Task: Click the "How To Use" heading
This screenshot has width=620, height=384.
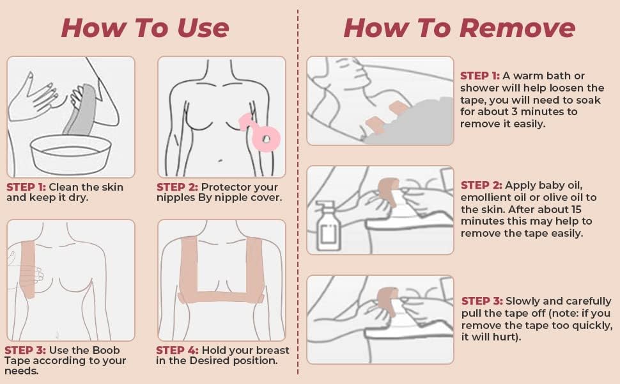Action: pos(145,29)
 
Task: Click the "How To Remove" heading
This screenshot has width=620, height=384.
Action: pos(460,29)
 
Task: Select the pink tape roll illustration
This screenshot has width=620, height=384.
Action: pos(261,131)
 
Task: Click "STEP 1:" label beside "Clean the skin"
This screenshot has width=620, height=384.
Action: pos(26,187)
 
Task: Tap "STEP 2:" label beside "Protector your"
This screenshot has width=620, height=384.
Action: pos(177,187)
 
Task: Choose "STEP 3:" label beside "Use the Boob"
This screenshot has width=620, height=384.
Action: pos(26,350)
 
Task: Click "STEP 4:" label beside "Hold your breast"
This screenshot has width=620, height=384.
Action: pos(177,350)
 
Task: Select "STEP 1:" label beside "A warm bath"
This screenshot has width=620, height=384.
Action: pos(480,76)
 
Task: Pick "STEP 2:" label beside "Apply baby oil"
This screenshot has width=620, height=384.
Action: pos(481,185)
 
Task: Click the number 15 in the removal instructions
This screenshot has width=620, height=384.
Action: pos(576,209)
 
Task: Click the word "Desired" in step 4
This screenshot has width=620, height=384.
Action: pos(209,361)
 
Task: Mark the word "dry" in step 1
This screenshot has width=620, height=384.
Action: pos(79,198)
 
